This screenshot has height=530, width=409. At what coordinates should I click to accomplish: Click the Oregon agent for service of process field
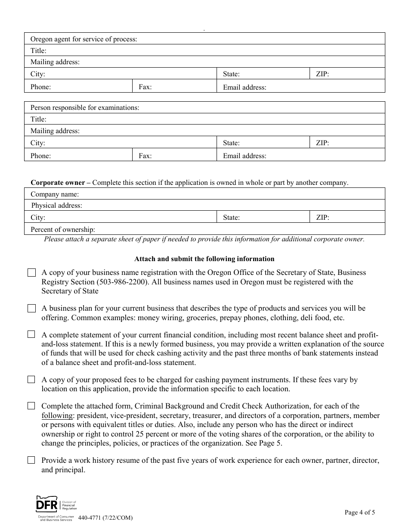click(x=258, y=39)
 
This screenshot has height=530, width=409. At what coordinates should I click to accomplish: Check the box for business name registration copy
click(x=31, y=273)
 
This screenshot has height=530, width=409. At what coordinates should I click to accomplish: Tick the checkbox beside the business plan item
click(x=31, y=309)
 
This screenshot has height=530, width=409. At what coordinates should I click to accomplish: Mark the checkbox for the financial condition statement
click(x=31, y=334)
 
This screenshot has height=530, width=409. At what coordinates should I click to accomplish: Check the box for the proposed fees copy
click(x=31, y=380)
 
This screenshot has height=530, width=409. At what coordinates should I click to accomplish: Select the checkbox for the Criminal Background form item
click(x=31, y=406)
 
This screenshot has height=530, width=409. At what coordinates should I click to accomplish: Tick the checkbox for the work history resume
click(x=31, y=460)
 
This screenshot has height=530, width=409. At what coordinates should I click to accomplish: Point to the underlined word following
click(x=57, y=416)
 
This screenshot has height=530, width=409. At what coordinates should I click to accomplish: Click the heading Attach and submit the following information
click(x=204, y=259)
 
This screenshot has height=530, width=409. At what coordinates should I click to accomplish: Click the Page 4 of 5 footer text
click(x=359, y=512)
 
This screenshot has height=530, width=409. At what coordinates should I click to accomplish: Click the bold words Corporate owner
click(x=58, y=183)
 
